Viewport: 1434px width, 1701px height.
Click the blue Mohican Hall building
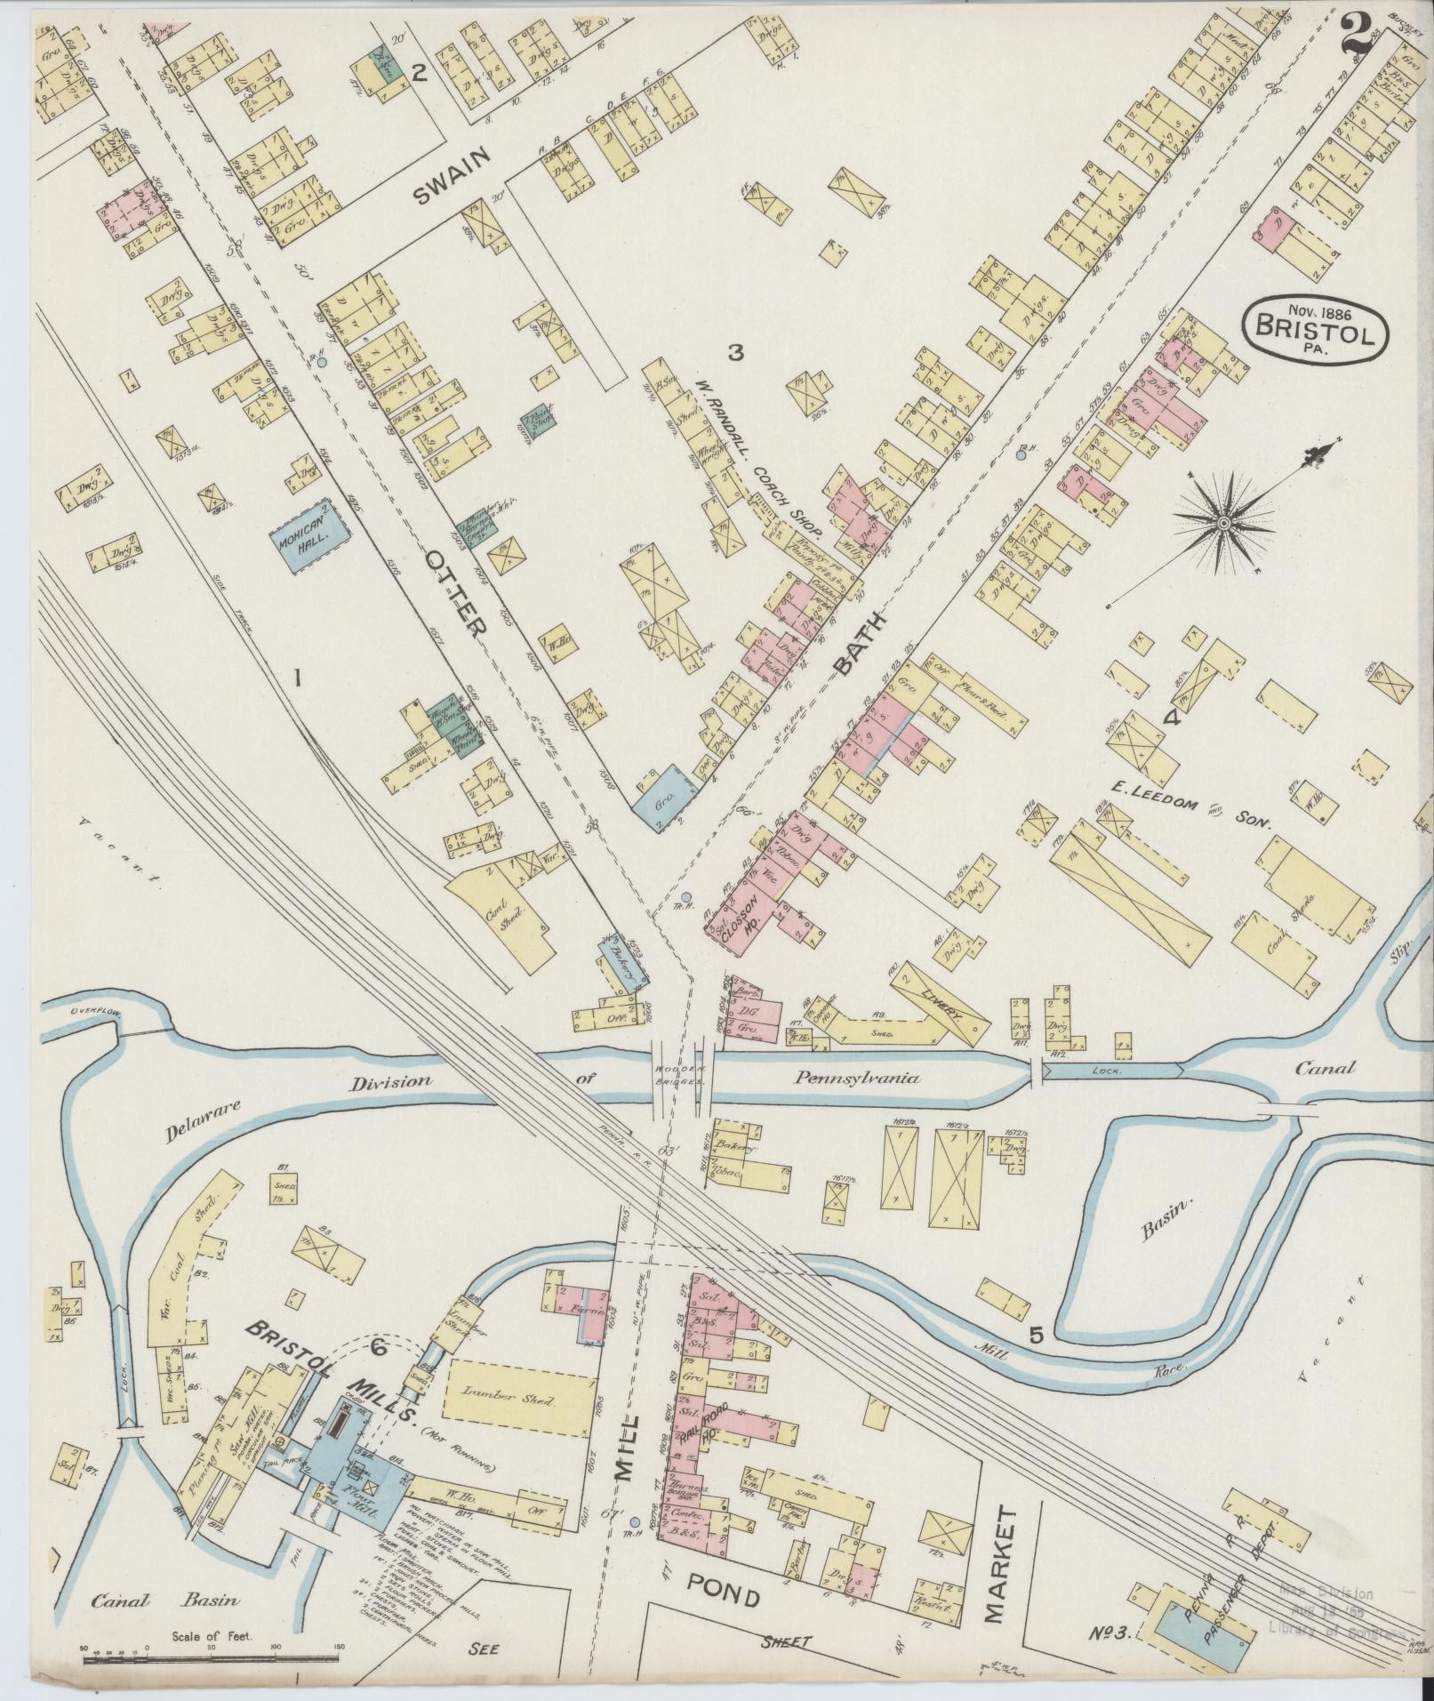pyautogui.click(x=308, y=538)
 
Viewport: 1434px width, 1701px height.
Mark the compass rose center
pyautogui.click(x=1223, y=525)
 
